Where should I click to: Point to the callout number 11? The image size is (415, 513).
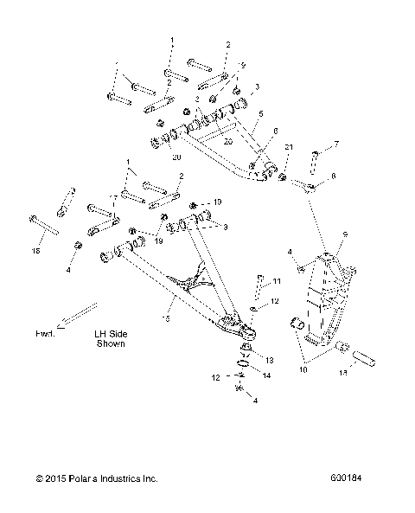pyautogui.click(x=278, y=282)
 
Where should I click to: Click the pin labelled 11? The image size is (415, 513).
pyautogui.click(x=258, y=285)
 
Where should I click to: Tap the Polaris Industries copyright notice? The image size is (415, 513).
pyautogui.click(x=96, y=478)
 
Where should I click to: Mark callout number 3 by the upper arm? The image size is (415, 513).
pyautogui.click(x=257, y=87)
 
